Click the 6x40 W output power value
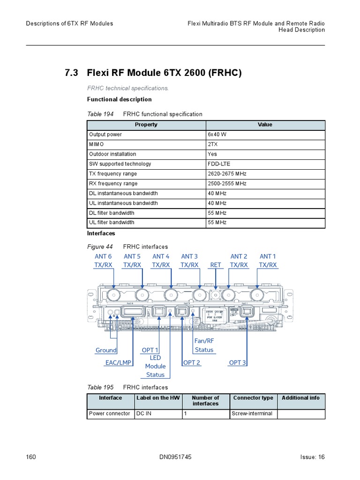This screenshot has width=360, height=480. (x=214, y=135)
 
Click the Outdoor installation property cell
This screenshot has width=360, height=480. (x=112, y=154)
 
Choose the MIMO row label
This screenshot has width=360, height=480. (x=97, y=144)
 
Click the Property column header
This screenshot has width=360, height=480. (x=146, y=125)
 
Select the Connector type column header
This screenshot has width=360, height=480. (x=253, y=398)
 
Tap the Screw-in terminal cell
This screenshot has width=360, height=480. (x=252, y=413)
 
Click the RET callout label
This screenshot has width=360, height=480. (x=216, y=265)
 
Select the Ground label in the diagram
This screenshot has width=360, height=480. (x=106, y=350)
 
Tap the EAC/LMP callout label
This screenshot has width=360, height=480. (x=118, y=363)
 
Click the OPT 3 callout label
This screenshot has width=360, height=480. (x=237, y=363)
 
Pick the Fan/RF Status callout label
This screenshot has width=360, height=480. (x=204, y=345)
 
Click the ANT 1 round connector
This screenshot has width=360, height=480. (x=257, y=295)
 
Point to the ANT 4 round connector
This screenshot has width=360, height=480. (x=171, y=295)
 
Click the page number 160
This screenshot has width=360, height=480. (x=31, y=457)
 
